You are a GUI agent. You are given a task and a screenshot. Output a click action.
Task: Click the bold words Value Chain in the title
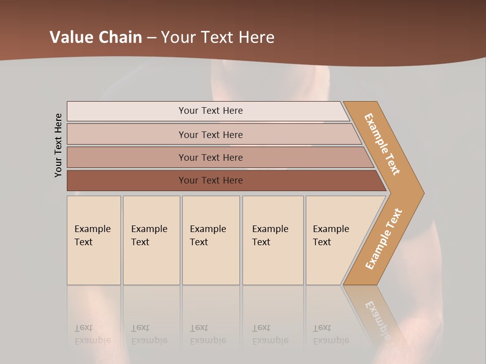click(96, 37)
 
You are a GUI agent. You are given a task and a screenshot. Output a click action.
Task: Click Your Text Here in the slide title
click(218, 37)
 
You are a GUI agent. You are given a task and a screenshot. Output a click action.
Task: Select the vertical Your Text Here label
click(58, 145)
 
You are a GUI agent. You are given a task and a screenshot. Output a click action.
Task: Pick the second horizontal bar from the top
click(211, 134)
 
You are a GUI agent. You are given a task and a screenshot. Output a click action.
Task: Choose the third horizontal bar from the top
click(211, 157)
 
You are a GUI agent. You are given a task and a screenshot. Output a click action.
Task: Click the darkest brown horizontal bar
click(211, 180)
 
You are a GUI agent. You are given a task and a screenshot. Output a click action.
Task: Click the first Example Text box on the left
click(94, 240)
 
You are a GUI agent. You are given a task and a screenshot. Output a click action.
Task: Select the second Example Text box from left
click(151, 240)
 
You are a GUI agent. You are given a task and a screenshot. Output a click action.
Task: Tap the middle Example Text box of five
click(211, 240)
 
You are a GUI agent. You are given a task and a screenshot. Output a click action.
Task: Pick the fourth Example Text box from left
click(272, 240)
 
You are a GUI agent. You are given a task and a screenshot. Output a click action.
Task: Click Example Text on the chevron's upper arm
click(382, 144)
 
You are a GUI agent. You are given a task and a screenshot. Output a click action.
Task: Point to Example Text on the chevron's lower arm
click(384, 239)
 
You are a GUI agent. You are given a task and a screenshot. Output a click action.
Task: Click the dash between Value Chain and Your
click(151, 38)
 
